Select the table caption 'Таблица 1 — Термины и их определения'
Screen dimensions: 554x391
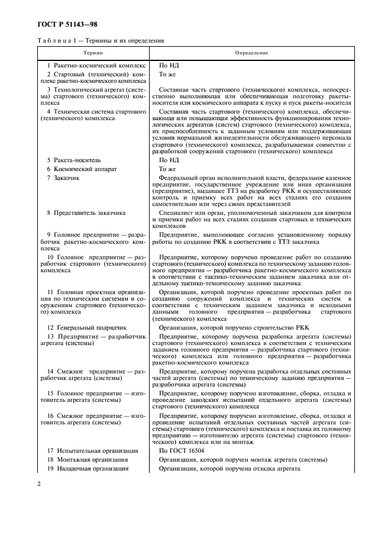click(x=96, y=41)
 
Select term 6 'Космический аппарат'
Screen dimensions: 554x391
click(x=82, y=169)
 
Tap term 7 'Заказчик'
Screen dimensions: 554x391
click(x=67, y=178)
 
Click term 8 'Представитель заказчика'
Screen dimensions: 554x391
click(x=86, y=212)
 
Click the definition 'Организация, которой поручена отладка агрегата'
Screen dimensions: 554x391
click(x=230, y=469)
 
